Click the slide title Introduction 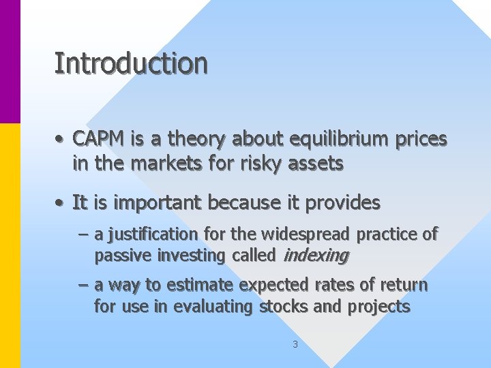(x=131, y=63)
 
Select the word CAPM (x=98, y=139)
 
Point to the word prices (x=421, y=140)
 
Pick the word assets (x=317, y=164)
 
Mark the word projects (x=379, y=307)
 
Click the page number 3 (x=295, y=344)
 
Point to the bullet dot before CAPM (x=61, y=140)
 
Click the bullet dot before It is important (x=61, y=203)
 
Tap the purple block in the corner (x=10, y=61)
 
